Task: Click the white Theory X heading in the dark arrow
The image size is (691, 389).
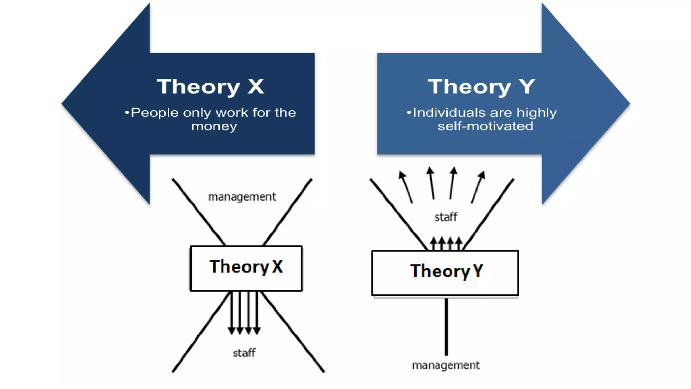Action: pos(210,86)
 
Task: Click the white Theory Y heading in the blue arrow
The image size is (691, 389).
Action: pos(481,86)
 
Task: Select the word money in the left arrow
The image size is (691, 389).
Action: pos(214,126)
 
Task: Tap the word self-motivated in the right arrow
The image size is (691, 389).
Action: pos(485,126)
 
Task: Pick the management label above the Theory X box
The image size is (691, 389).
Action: pos(242,197)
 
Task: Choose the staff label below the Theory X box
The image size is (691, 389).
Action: pos(244,353)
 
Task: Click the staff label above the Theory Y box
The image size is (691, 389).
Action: pos(446,217)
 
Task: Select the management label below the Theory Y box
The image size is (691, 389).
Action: pos(446,365)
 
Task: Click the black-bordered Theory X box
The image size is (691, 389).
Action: pos(246,268)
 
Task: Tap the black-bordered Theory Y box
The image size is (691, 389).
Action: pos(445,273)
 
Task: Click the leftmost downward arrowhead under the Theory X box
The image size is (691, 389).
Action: pos(231,330)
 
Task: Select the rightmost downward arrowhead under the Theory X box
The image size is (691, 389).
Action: pos(257,330)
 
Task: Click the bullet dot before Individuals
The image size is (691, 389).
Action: pos(409,112)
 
